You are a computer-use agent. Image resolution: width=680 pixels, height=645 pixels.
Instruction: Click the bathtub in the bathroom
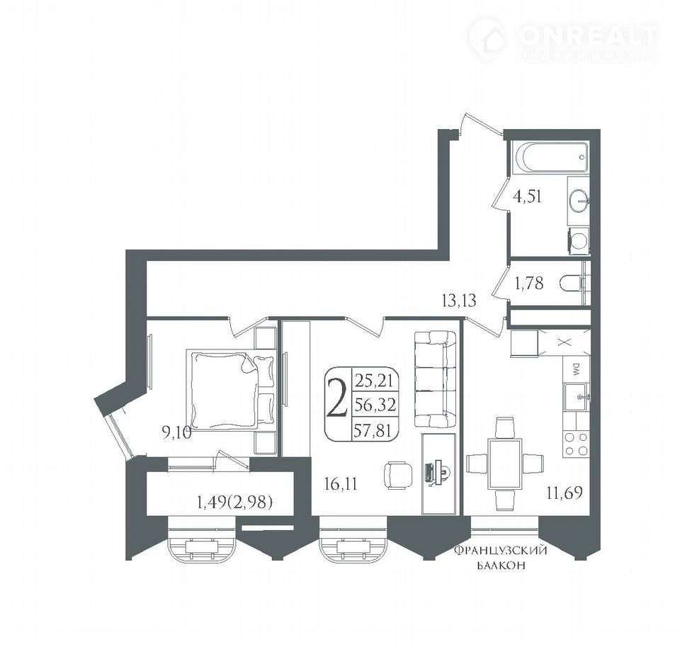[x=550, y=158]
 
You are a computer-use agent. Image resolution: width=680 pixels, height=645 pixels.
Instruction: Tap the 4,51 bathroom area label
[x=527, y=196]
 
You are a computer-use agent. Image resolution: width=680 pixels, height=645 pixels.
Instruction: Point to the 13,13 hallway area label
[x=459, y=301]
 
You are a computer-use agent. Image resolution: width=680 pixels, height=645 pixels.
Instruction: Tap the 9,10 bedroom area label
[x=176, y=433]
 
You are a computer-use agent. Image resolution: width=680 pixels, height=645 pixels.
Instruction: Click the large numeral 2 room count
[x=337, y=397]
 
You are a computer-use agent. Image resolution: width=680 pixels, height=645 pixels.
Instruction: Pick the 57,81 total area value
[x=373, y=430]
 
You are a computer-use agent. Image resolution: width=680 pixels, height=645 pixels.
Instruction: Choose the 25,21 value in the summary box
[x=373, y=381]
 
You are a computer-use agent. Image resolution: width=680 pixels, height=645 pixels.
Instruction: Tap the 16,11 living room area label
[x=341, y=483]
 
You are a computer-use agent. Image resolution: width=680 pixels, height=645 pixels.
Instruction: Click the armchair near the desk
[x=398, y=476]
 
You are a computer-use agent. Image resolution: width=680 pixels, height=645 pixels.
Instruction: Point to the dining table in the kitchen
[x=505, y=464]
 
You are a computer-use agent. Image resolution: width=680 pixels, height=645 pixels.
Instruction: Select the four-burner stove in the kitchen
[x=576, y=444]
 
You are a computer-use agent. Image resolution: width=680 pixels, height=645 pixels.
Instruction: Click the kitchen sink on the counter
[x=577, y=397]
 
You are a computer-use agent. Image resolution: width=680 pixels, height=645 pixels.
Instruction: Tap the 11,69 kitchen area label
[x=565, y=493]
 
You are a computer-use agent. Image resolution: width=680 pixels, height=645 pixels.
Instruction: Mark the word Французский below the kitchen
[x=500, y=551]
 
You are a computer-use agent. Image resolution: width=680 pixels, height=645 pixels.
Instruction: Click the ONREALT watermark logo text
[x=588, y=36]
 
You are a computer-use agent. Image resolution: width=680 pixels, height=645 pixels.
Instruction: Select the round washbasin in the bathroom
[x=579, y=201]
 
